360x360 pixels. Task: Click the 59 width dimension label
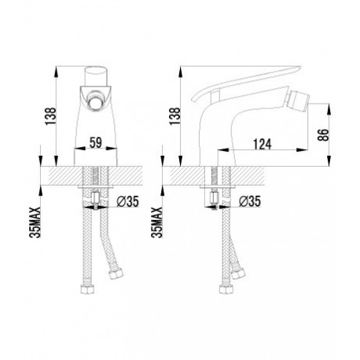click(x=95, y=143)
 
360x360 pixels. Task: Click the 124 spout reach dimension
click(x=263, y=145)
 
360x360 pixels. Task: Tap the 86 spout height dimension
click(x=324, y=135)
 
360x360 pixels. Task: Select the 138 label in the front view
click(x=51, y=116)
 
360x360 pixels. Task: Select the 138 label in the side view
click(x=175, y=116)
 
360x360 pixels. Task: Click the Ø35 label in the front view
click(x=127, y=201)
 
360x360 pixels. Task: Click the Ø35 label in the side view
click(x=250, y=201)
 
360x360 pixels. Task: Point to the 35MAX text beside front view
click(x=36, y=222)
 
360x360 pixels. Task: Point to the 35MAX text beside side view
click(x=157, y=222)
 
